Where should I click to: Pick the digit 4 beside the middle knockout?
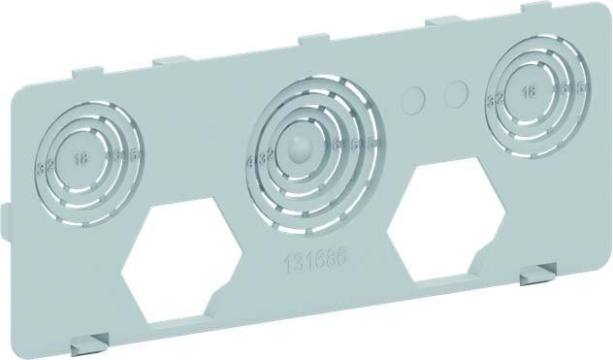[x=251, y=160]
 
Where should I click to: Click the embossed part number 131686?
[x=311, y=261]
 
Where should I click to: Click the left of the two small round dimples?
[x=415, y=99]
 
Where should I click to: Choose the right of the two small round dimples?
[x=455, y=92]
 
